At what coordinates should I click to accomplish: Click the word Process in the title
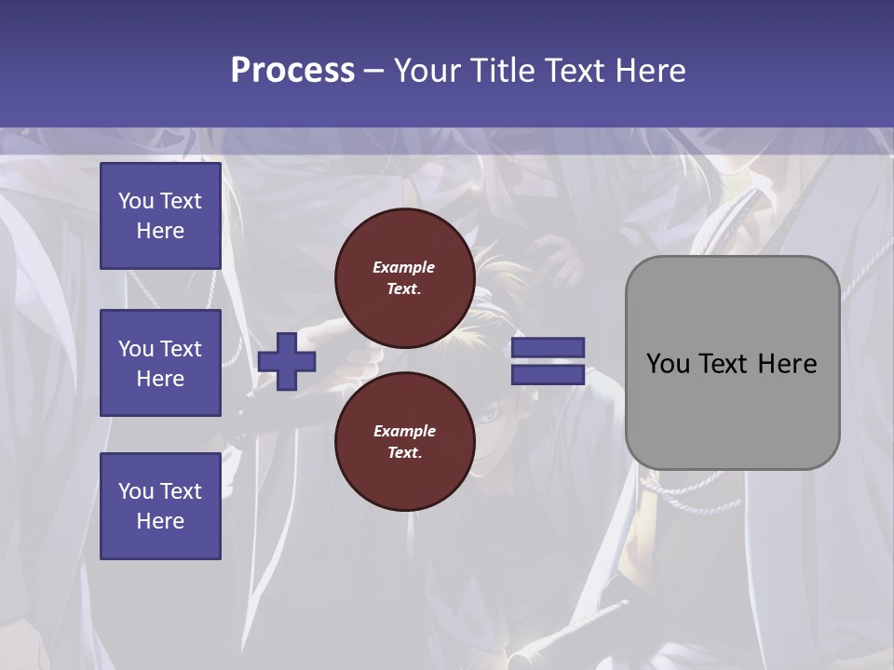click(x=292, y=71)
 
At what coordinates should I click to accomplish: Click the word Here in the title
click(x=655, y=71)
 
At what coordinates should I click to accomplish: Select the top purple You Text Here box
click(x=160, y=216)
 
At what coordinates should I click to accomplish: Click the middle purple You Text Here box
click(x=160, y=363)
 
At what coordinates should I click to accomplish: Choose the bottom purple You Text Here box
click(x=160, y=506)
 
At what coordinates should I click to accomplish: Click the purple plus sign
click(x=287, y=361)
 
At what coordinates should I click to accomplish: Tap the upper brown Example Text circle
click(x=404, y=278)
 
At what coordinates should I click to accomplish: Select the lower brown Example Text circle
click(x=404, y=442)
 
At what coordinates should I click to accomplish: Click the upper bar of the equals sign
click(x=548, y=347)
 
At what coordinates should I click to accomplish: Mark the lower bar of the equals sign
click(x=548, y=375)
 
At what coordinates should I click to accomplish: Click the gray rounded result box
click(x=732, y=363)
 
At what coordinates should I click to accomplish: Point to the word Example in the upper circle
click(x=404, y=267)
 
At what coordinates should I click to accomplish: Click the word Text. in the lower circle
click(x=404, y=453)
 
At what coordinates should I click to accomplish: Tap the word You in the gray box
click(x=668, y=364)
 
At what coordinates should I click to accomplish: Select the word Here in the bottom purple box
click(x=160, y=521)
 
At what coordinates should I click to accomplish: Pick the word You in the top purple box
click(x=135, y=201)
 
